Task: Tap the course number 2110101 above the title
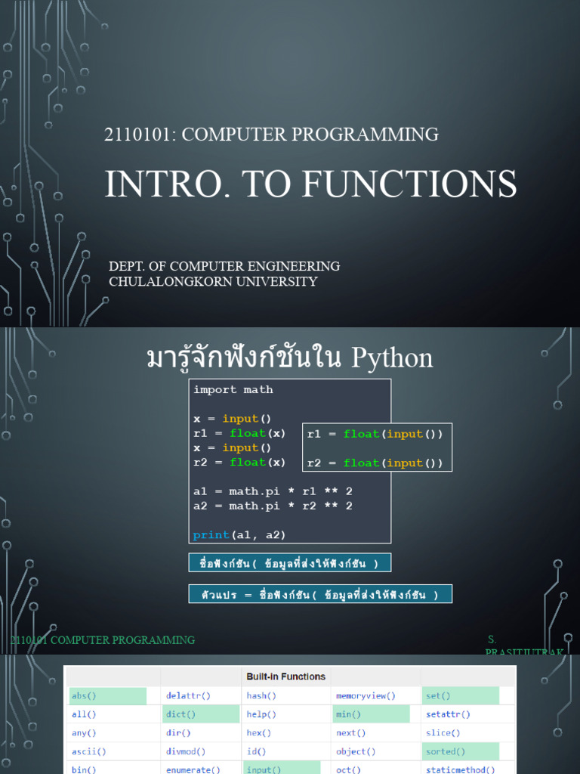140,135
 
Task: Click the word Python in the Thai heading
393,358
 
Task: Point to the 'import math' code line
233,390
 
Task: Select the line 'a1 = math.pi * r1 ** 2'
273,491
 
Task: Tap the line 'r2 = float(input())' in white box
375,463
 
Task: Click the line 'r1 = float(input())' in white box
375,434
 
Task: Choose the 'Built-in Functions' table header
286,676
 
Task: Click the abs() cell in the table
84,696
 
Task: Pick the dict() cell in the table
181,714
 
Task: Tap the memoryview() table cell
366,696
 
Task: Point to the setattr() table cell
448,714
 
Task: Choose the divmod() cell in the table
186,751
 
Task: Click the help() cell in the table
261,714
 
